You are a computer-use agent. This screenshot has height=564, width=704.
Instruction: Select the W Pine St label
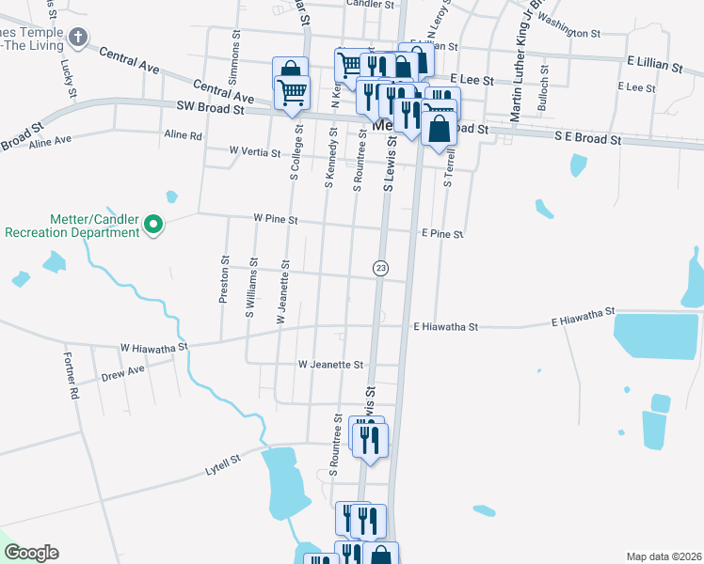click(x=275, y=220)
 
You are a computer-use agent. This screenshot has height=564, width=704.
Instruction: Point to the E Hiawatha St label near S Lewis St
click(x=446, y=327)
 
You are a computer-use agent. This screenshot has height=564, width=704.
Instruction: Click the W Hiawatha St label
click(x=154, y=348)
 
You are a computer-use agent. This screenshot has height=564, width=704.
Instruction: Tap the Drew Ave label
click(x=123, y=374)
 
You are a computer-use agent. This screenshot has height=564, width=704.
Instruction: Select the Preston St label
click(x=224, y=279)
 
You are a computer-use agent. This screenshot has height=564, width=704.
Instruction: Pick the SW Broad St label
click(x=210, y=109)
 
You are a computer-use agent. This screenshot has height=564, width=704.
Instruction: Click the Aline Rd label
click(x=183, y=135)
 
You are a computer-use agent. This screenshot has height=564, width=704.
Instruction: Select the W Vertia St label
click(x=254, y=151)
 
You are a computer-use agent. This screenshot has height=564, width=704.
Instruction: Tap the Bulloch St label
click(x=542, y=89)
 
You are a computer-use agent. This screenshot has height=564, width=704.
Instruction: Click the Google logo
click(x=30, y=553)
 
